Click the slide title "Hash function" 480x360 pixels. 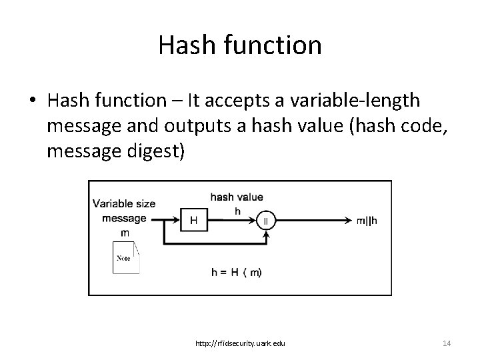tap(240, 45)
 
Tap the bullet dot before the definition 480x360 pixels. tap(31, 101)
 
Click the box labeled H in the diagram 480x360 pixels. tap(193, 219)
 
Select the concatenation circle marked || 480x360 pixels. tap(265, 219)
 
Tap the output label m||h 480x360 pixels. tap(366, 219)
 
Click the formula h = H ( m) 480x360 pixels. tap(237, 272)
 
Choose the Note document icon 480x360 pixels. tap(126, 257)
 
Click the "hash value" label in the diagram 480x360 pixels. tap(237, 197)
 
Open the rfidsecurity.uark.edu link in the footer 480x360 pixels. tap(241, 343)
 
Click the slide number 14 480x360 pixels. tap(447, 343)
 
